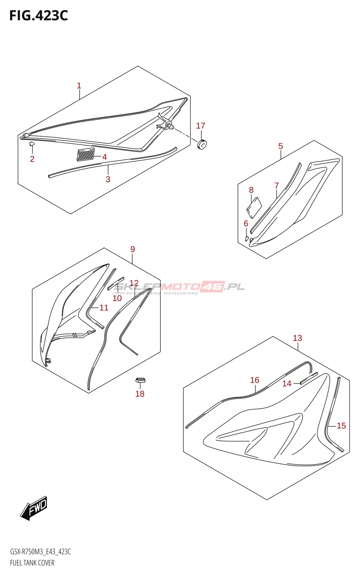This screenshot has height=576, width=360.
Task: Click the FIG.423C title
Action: click(x=39, y=16)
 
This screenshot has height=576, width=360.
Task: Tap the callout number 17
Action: click(x=201, y=126)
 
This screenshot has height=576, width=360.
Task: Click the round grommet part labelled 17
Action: click(x=202, y=145)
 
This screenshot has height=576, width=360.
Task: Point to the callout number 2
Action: click(x=32, y=159)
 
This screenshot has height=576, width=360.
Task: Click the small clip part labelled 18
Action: click(x=140, y=380)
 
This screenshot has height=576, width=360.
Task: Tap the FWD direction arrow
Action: click(x=34, y=508)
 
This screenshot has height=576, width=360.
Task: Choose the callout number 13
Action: click(x=297, y=338)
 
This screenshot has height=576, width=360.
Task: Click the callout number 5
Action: click(x=280, y=146)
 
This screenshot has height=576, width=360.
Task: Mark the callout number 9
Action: click(x=132, y=249)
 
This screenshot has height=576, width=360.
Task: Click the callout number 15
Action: click(x=341, y=426)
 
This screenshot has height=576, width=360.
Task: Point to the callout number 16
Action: click(x=255, y=380)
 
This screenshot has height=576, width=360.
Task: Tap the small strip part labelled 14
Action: click(x=309, y=378)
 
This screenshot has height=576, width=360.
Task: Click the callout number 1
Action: click(x=79, y=86)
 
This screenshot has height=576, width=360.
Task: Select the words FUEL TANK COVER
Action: click(x=32, y=563)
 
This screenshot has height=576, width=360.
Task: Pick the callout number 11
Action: click(x=104, y=307)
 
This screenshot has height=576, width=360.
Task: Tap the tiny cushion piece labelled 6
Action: click(x=247, y=239)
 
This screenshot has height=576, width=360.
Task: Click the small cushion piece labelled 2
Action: click(x=32, y=144)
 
